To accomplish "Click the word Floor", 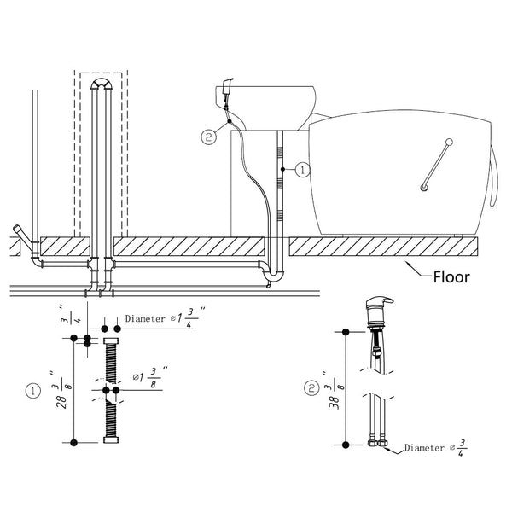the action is coord(451,277).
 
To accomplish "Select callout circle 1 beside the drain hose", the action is coord(303,170).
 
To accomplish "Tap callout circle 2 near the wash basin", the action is coord(209,137).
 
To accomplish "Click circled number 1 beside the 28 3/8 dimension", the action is coord(33,391).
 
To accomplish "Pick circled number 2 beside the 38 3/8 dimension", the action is coord(311,388).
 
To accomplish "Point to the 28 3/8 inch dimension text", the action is coord(61,390).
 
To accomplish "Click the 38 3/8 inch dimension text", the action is coord(334,390).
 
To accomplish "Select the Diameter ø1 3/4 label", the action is coord(166,317).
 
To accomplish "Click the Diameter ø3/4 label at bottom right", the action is coord(435,448).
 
